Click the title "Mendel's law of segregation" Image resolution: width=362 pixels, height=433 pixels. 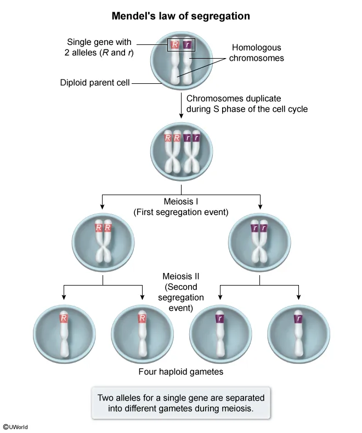181,16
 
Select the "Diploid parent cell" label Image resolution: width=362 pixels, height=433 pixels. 95,83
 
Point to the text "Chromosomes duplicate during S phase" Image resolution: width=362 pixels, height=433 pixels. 247,104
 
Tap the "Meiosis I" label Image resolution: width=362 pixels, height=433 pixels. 181,201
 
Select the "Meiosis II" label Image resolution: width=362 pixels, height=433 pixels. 181,277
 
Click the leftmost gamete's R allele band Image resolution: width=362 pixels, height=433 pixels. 64,318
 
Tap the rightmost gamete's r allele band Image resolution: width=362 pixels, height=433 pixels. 298,318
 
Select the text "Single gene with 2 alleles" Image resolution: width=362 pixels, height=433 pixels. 99,47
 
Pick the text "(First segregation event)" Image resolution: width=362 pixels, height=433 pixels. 181,212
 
